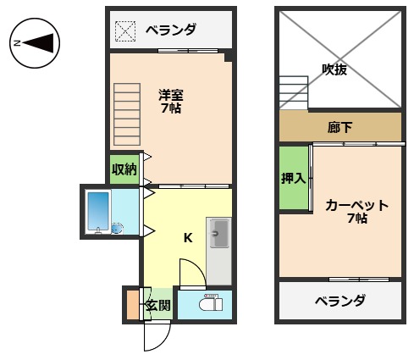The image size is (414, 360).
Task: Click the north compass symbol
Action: [x=34, y=42]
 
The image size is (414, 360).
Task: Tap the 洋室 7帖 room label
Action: [x=171, y=101]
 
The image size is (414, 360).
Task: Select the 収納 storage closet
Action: [x=124, y=169]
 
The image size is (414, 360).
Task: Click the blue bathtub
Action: [x=98, y=210]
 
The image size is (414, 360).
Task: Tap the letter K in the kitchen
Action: [x=188, y=237]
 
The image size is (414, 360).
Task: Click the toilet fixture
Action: [x=209, y=303]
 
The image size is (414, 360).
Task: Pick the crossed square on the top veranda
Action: [x=125, y=30]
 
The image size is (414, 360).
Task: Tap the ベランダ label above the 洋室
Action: [x=170, y=30]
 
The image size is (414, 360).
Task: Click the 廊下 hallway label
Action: [x=339, y=128]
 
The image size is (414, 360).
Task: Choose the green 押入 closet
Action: [x=293, y=178]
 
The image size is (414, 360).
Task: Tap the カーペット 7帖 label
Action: [x=356, y=211]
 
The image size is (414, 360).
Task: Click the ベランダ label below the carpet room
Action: [x=339, y=301]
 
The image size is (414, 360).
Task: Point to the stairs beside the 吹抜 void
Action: [x=294, y=91]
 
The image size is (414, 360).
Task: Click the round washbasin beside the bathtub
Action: [x=116, y=227]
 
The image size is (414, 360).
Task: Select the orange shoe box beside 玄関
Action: [x=132, y=305]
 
